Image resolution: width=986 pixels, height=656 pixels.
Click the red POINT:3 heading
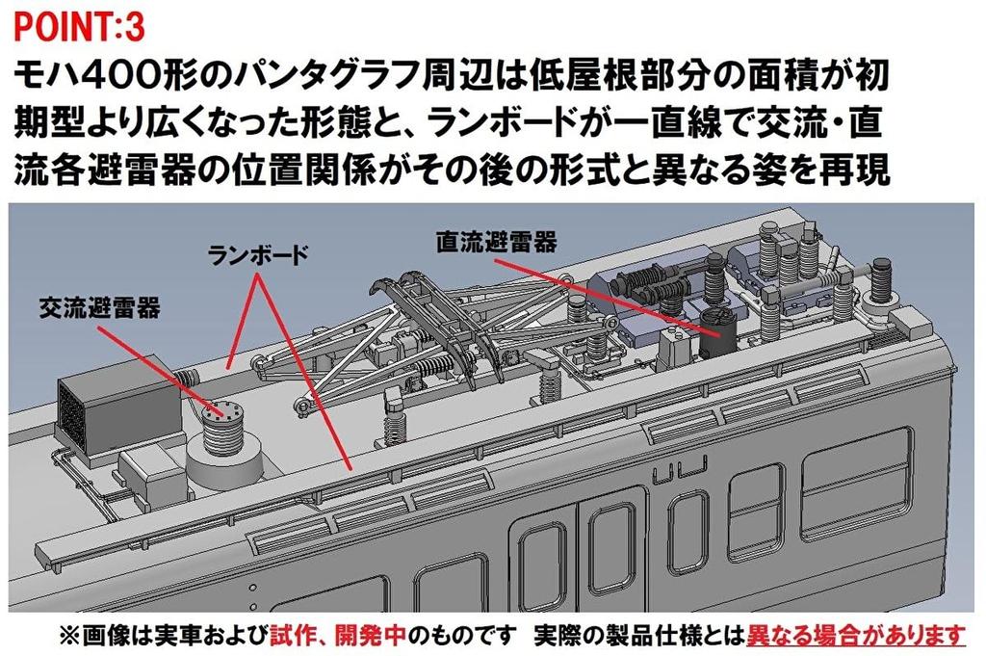[x=79, y=28]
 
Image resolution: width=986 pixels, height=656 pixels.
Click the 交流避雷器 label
[x=99, y=307]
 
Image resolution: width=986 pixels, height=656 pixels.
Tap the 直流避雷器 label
[x=497, y=242]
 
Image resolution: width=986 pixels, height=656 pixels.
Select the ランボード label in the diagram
[x=258, y=254]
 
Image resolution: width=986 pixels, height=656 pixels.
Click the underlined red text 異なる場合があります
[x=855, y=636]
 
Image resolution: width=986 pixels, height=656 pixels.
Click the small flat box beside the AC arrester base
[x=148, y=472]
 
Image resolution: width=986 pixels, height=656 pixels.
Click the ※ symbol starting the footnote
[x=69, y=636]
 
